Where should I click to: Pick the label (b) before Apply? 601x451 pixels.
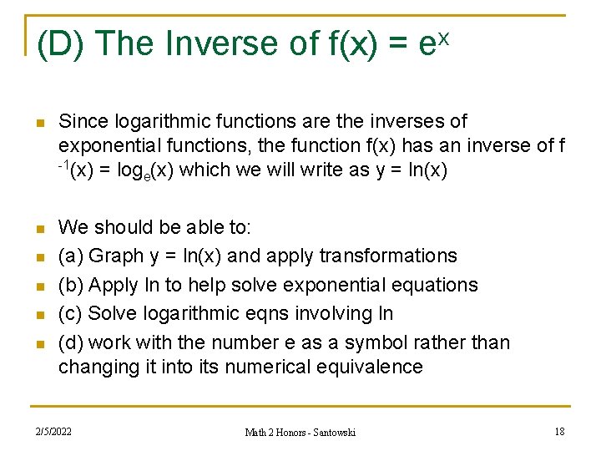pyautogui.click(x=71, y=285)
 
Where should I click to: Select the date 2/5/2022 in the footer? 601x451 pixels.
pyautogui.click(x=53, y=432)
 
